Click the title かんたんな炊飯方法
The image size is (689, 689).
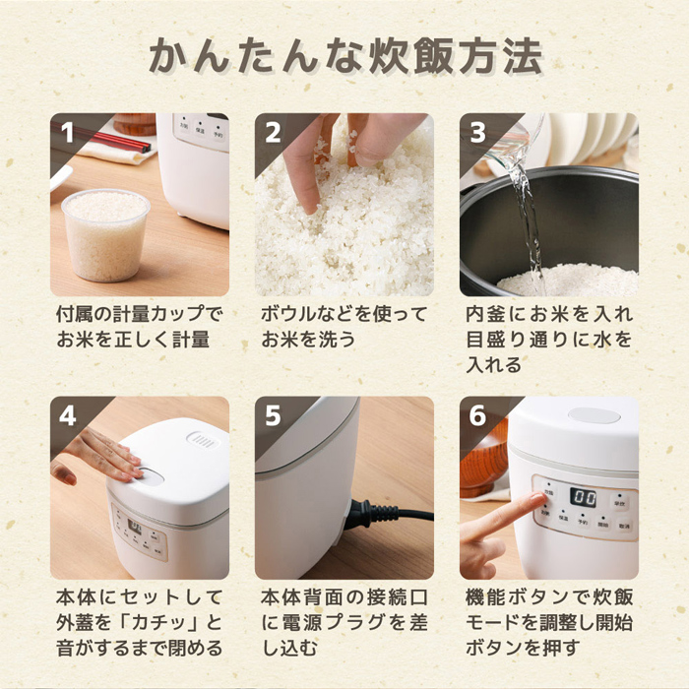[x=345, y=56]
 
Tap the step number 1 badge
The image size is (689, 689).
[x=67, y=132]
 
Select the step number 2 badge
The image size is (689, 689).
[x=273, y=132]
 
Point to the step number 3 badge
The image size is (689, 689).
[x=478, y=132]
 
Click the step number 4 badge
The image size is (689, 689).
[x=68, y=415]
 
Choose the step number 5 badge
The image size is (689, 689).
[x=273, y=415]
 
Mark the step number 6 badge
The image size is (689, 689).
[x=478, y=415]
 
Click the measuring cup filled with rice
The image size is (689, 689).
[x=106, y=235]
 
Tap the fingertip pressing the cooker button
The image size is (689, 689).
[x=539, y=499]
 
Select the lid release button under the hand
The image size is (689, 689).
[x=150, y=476]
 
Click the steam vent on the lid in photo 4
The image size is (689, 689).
[x=203, y=440]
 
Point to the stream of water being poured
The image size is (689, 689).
[x=527, y=219]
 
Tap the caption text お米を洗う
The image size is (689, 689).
[x=308, y=340]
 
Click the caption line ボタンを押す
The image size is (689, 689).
[x=523, y=648]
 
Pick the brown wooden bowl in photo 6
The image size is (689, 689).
[x=482, y=457]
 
